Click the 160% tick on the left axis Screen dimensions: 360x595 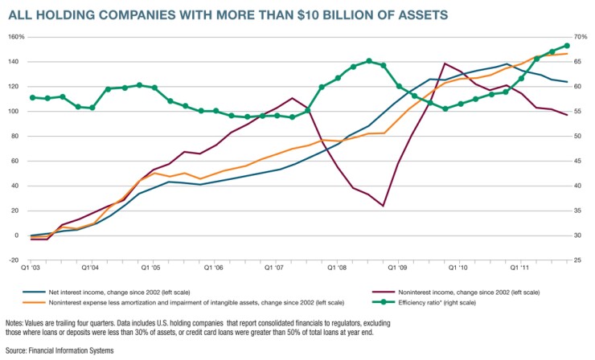click(18, 37)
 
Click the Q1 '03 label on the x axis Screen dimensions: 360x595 click(31, 267)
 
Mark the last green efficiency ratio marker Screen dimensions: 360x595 click(567, 46)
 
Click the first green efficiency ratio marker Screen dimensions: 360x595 click(32, 97)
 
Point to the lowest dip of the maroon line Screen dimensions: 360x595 click(383, 206)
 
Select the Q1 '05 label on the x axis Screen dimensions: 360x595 click(153, 267)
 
